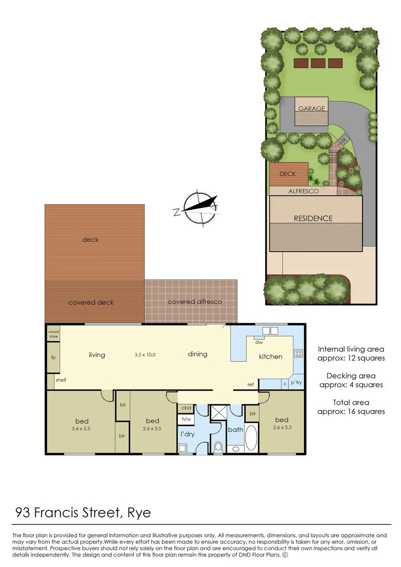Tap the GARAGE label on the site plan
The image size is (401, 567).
pyautogui.click(x=312, y=109)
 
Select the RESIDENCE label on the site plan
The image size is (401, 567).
pyautogui.click(x=313, y=218)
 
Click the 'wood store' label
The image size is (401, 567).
pyautogui.click(x=54, y=334)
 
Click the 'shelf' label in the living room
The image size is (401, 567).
pyautogui.click(x=61, y=380)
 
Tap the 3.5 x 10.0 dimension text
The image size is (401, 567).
pyautogui.click(x=145, y=355)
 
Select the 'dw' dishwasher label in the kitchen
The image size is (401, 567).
pyautogui.click(x=259, y=342)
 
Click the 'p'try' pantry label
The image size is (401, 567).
pyautogui.click(x=296, y=383)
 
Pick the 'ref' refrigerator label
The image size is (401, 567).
pyautogui.click(x=251, y=385)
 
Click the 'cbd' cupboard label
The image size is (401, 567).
pyautogui.click(x=186, y=407)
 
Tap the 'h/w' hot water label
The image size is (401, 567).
pyautogui.click(x=186, y=419)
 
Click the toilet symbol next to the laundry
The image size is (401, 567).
pyautogui.click(x=218, y=447)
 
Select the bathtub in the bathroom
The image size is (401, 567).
pyautogui.click(x=251, y=438)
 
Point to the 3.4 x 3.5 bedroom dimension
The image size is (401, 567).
pyautogui.click(x=81, y=428)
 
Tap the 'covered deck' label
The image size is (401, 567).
pyautogui.click(x=91, y=302)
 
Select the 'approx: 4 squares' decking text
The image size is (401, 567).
pyautogui.click(x=351, y=385)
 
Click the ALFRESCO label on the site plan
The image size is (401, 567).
pyautogui.click(x=303, y=192)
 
